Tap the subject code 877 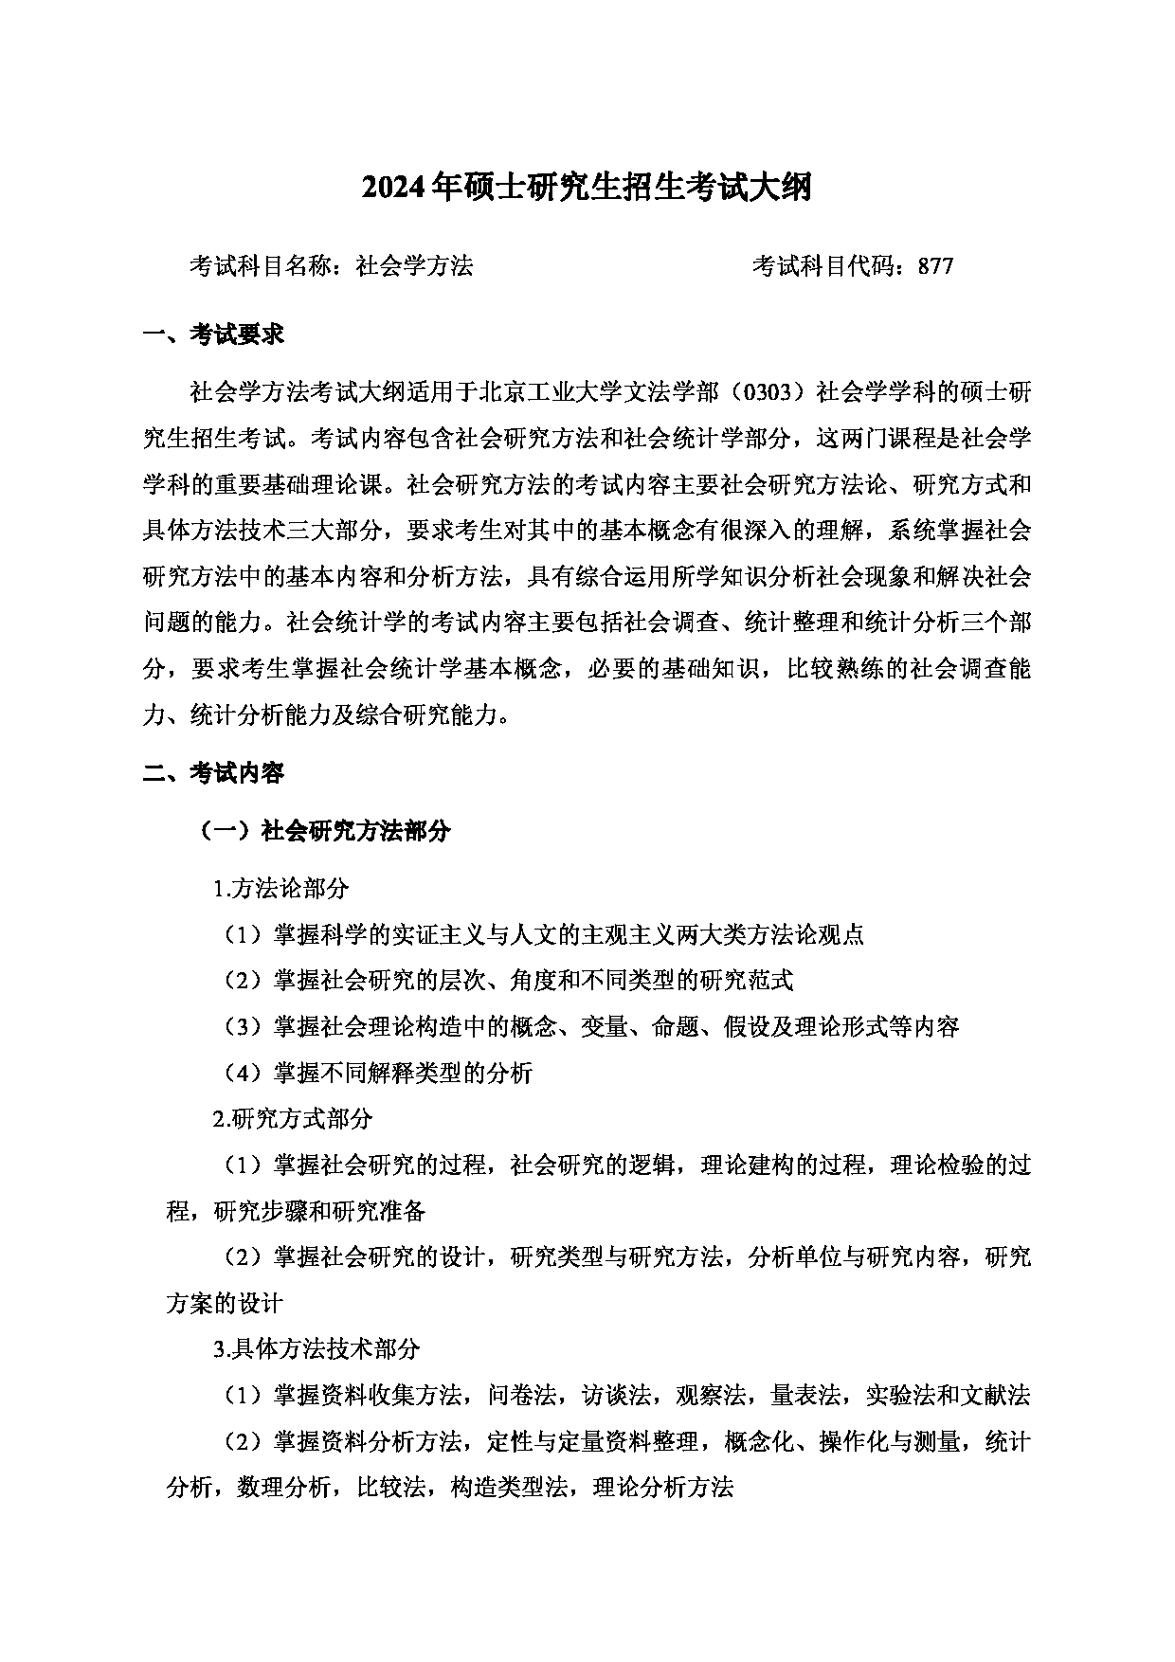[x=935, y=266]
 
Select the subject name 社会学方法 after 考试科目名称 [x=414, y=266]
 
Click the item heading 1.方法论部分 [x=281, y=889]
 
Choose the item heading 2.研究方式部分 [x=293, y=1119]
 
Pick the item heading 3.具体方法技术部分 [x=316, y=1348]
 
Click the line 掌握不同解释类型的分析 [x=403, y=1073]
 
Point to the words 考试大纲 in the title [x=756, y=189]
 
